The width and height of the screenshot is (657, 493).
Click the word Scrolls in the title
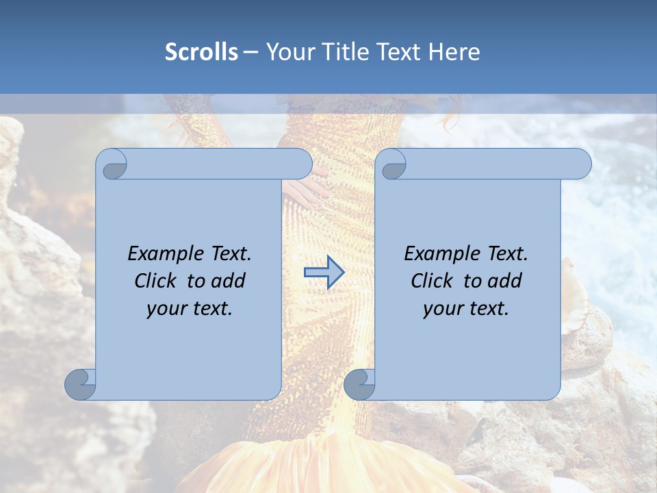[201, 52]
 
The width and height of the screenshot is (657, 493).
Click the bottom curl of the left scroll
[80, 384]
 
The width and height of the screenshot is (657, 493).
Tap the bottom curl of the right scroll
[359, 384]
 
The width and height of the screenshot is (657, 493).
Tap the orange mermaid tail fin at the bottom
[328, 472]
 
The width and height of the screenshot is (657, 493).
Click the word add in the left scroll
[229, 281]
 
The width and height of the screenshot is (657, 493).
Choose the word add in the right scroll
[505, 281]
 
